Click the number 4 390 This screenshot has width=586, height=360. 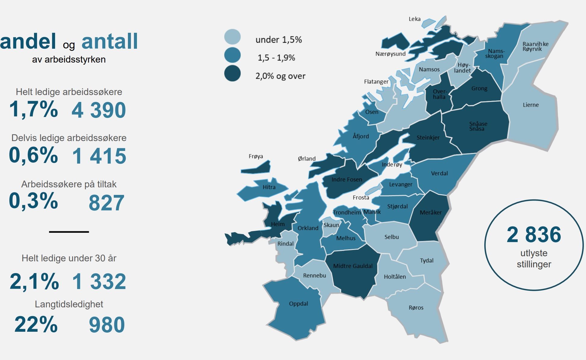point(99,110)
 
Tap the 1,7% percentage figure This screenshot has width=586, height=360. point(33,109)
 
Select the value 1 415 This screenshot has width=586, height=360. point(99,156)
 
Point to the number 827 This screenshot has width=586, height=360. point(106,203)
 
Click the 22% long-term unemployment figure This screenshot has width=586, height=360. point(36,324)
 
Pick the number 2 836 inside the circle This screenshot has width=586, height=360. point(534,235)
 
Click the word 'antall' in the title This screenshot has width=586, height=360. point(110,41)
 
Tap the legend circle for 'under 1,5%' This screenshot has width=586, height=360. point(232,37)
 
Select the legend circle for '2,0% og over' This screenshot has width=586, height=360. point(232,73)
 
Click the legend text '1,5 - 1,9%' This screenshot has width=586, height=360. point(276,58)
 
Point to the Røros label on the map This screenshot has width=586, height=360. point(416,308)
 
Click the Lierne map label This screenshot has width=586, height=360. point(531,105)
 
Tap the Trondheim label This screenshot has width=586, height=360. point(346,213)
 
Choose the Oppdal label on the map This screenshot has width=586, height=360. point(298,304)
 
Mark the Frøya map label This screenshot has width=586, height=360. point(256,156)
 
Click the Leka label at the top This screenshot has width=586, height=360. point(414,19)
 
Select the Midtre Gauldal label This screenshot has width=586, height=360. point(353,266)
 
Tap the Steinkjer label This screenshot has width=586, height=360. point(428,138)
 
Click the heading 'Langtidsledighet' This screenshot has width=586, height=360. point(69,304)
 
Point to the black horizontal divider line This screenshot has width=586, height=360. point(69,232)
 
